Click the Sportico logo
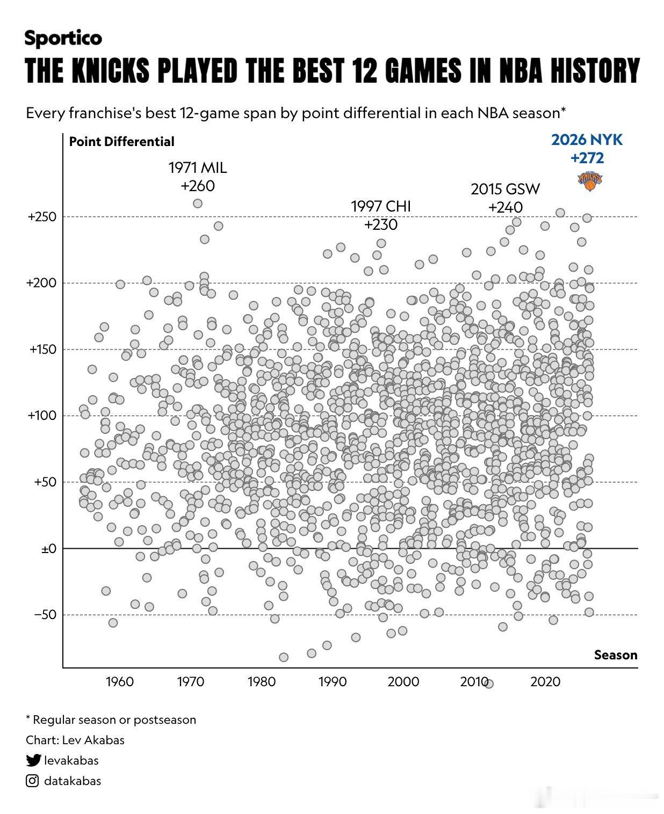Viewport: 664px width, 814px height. point(63,38)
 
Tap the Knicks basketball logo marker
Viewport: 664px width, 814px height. point(590,181)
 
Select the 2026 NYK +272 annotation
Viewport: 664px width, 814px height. point(587,149)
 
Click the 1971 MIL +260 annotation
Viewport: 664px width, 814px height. point(197,177)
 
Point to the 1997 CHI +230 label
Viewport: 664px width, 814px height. point(381,215)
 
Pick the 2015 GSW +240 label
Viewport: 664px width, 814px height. point(505,198)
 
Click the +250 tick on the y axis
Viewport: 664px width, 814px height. point(42,217)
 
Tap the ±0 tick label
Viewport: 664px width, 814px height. point(49,548)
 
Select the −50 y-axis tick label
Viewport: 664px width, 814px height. point(46,614)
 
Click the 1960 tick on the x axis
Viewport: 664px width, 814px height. point(120,681)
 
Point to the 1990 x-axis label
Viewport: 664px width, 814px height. point(332,681)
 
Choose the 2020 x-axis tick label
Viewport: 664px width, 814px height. point(545,681)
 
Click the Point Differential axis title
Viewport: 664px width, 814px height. point(121,142)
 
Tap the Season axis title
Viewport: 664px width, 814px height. point(616,655)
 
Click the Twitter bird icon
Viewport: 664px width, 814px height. point(33,760)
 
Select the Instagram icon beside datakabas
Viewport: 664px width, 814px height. point(32,781)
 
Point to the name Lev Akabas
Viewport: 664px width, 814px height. point(93,740)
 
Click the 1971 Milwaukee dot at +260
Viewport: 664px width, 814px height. point(197,203)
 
